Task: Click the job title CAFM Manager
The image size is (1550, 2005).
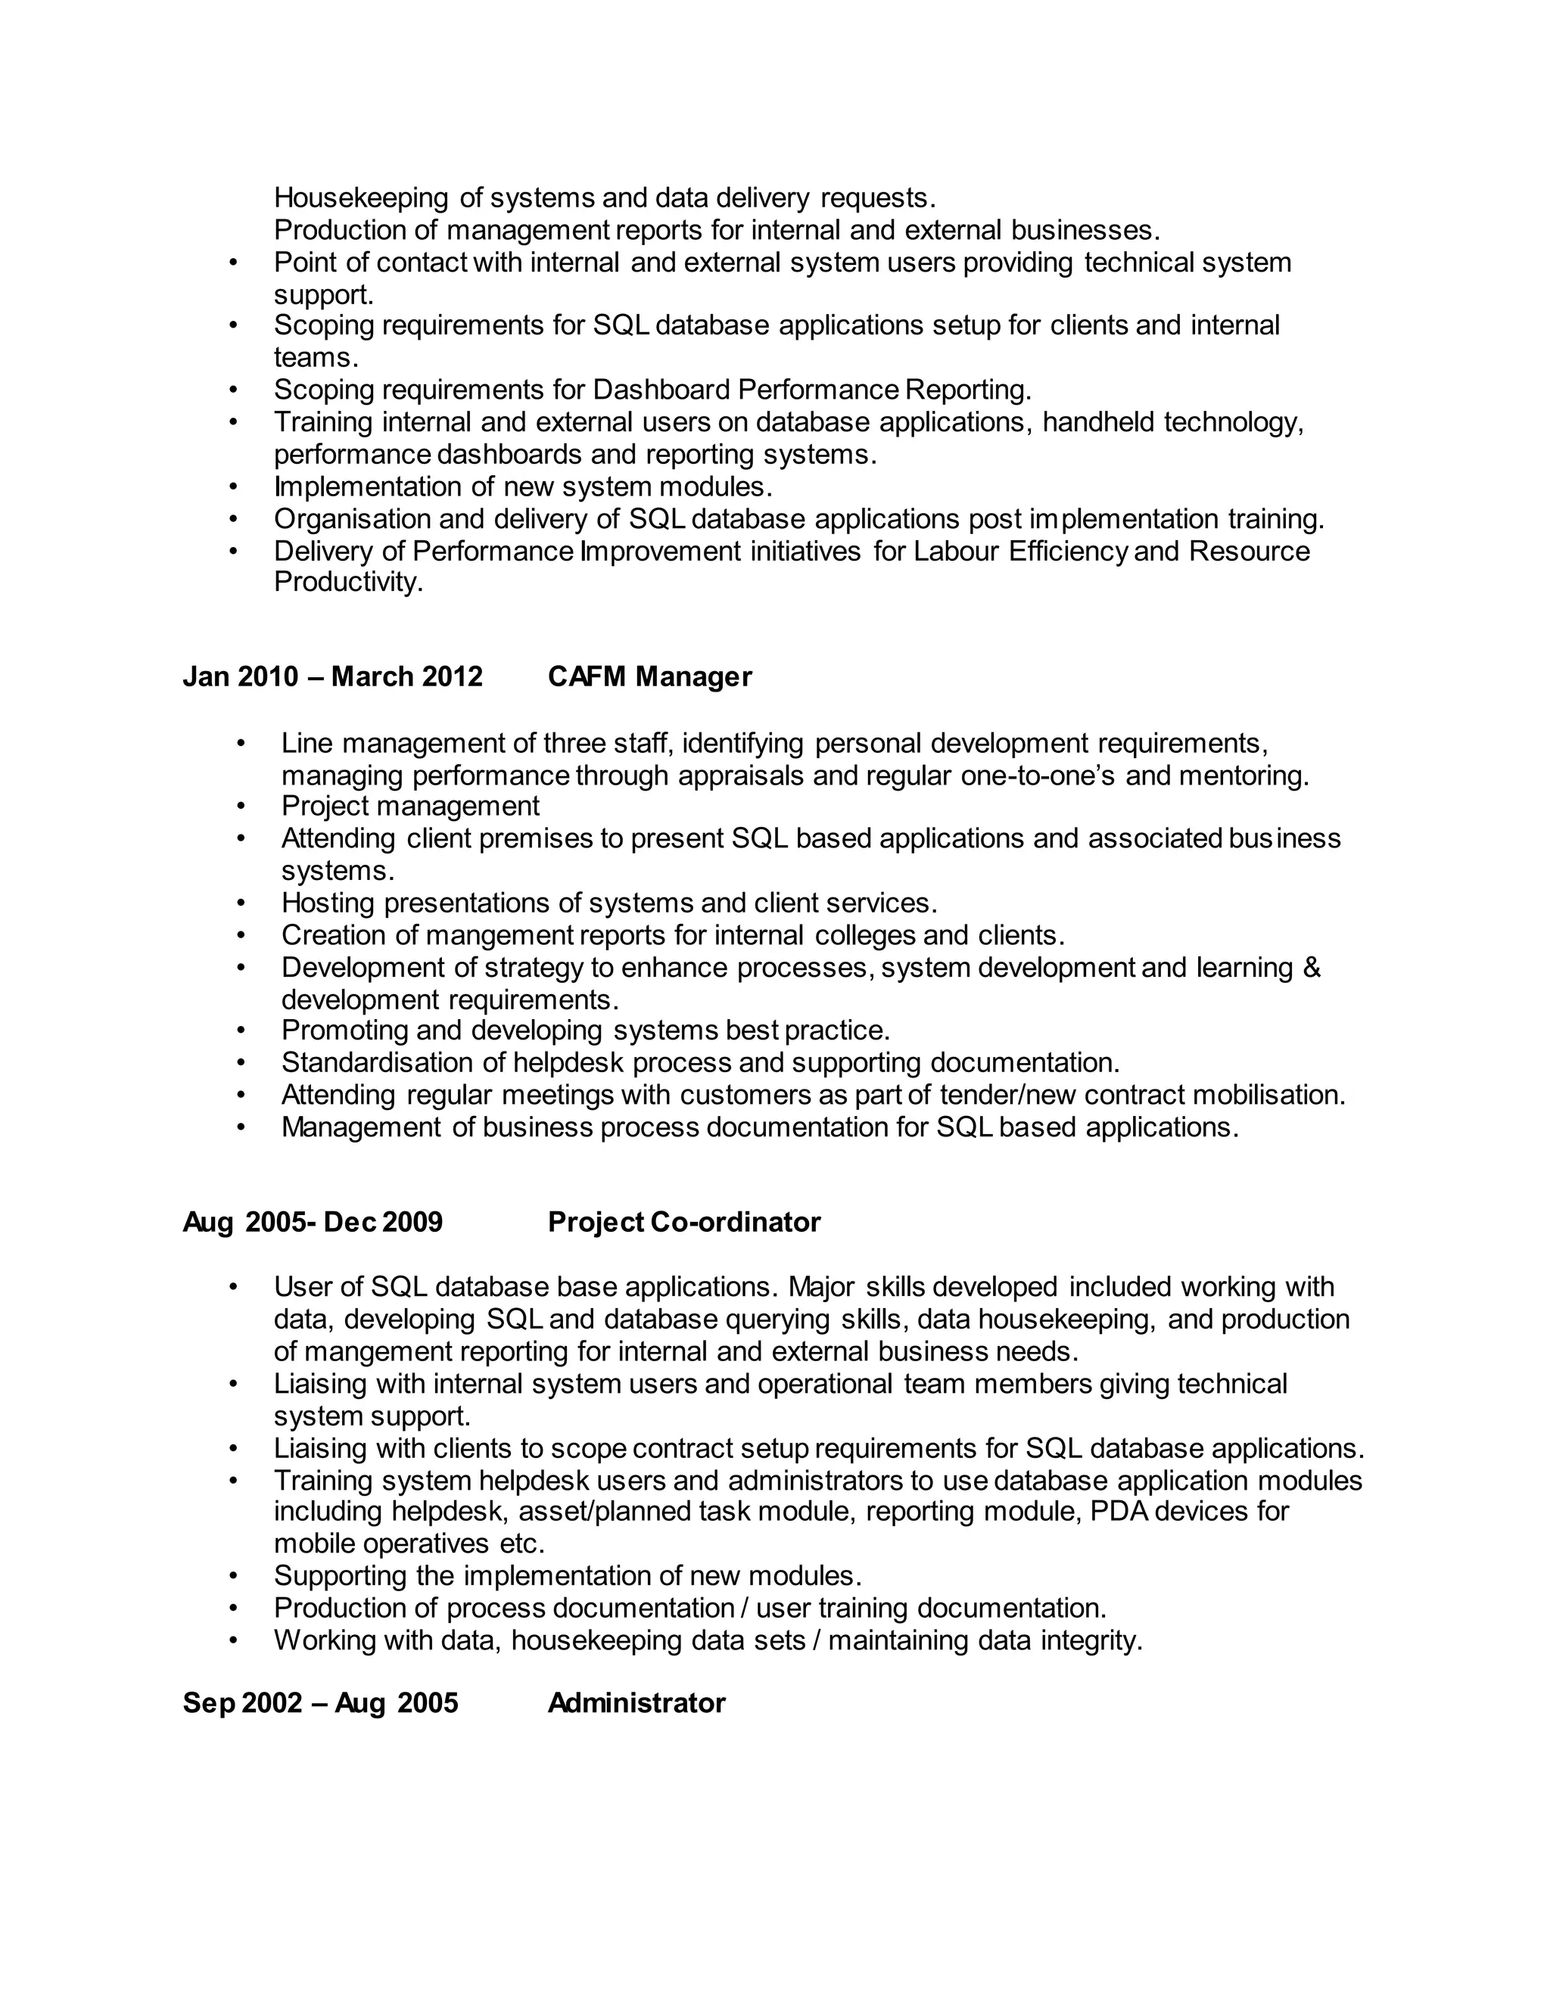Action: [649, 676]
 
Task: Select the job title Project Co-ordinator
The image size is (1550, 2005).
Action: [684, 1222]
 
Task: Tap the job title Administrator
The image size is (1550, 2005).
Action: [636, 1703]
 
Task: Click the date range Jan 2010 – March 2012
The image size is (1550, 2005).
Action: [332, 676]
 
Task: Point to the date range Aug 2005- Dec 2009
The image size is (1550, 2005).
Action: [313, 1222]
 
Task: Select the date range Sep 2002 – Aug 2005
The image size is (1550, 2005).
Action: [320, 1703]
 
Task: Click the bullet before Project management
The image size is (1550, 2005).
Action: [241, 806]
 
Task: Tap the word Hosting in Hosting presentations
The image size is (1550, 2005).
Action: [328, 903]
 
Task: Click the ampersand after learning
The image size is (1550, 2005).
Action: [1312, 968]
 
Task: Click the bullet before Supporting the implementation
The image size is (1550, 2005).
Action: [233, 1575]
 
